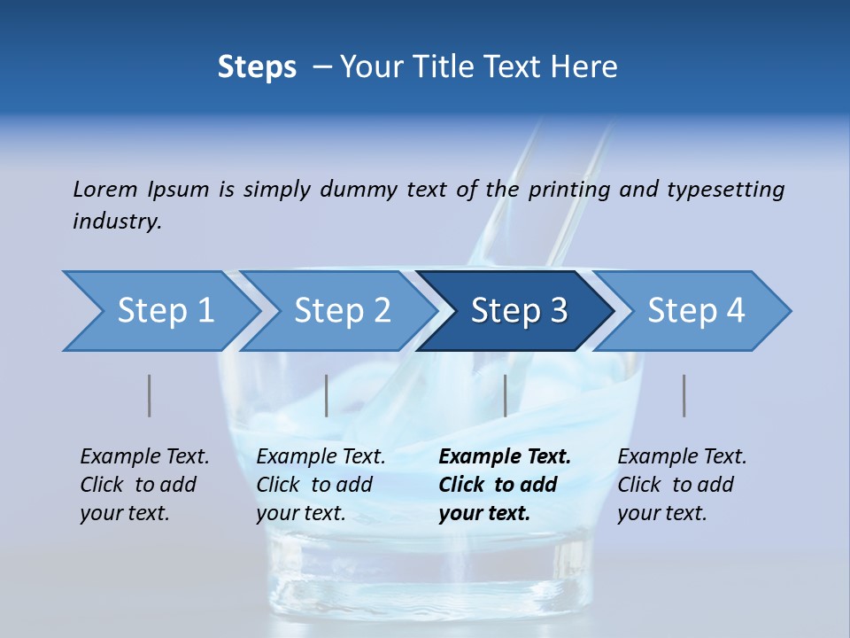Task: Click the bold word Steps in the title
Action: coord(257,67)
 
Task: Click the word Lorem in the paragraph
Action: coord(105,189)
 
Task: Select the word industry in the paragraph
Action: coord(116,222)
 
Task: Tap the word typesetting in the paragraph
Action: coord(725,189)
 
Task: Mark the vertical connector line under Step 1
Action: coord(150,395)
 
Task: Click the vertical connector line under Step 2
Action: coord(327,395)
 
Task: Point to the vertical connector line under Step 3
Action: coord(505,395)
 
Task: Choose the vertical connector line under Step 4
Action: coord(684,395)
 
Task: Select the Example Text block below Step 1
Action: coord(144,485)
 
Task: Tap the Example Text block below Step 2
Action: coord(321,485)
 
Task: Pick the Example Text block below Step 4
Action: coord(682,485)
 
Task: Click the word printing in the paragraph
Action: coord(568,189)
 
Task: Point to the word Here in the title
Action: coord(583,67)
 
